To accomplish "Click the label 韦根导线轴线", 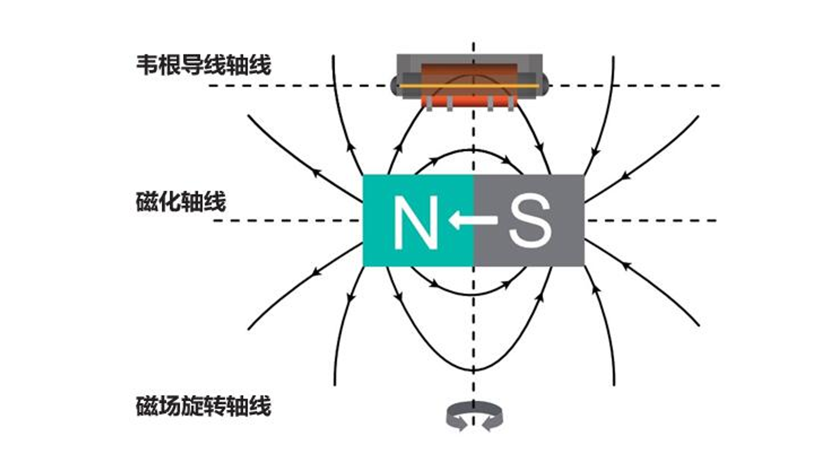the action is coord(203,65).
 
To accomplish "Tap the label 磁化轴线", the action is coord(181,201).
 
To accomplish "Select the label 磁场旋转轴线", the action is coord(203,406).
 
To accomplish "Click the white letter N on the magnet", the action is coord(416,222).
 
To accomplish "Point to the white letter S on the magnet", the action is coord(530,222).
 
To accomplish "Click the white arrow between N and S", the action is coord(472,219).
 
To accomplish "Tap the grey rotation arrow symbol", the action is coord(474,416).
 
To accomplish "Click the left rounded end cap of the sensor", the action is coord(394,85).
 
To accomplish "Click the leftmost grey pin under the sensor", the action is coord(429,104).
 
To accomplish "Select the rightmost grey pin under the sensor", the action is coord(511,104).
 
